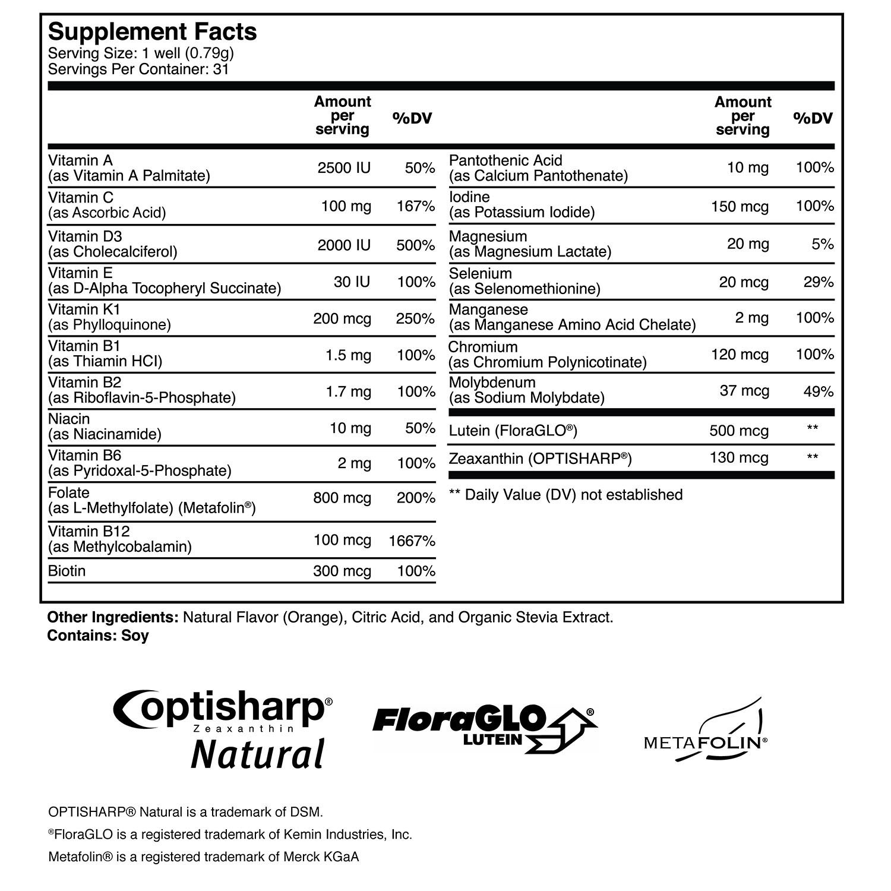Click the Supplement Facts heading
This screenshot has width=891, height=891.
coord(152,31)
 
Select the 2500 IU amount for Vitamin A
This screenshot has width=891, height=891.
coord(344,168)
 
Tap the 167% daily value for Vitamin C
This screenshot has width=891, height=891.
coord(416,206)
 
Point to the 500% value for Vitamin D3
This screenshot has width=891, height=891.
coord(416,245)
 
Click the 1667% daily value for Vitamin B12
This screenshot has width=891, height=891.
coord(412,541)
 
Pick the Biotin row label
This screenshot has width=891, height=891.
coord(67,571)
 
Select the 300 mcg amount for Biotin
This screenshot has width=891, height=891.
coord(342,571)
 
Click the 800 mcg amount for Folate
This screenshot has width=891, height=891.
coord(342,498)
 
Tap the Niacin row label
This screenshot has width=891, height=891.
coord(69,419)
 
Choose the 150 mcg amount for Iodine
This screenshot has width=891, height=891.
coord(740,206)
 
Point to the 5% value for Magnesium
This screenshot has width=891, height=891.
coord(823,244)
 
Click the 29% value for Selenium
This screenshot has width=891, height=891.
coord(819,282)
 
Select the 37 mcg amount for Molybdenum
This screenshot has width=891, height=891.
coord(744,391)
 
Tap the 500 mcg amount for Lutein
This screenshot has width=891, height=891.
coord(739,431)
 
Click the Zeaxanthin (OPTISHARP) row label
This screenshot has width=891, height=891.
coord(540,459)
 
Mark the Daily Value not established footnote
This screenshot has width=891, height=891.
coord(565,495)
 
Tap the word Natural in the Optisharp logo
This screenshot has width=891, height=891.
coord(258,754)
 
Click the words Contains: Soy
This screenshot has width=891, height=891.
coord(98,636)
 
